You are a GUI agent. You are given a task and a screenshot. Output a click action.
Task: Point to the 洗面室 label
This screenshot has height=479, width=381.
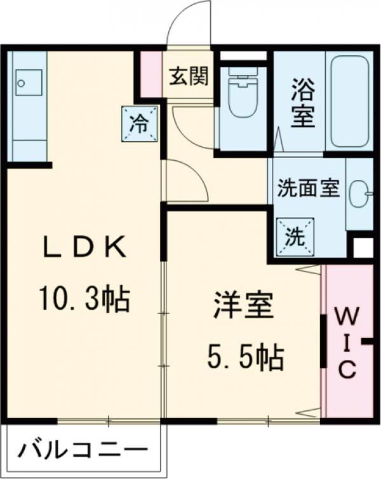pos(309,189)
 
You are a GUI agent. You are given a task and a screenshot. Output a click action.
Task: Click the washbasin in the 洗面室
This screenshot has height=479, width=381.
pos(359,193)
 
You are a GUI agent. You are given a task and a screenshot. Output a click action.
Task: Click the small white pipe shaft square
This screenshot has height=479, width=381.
pos(363,247)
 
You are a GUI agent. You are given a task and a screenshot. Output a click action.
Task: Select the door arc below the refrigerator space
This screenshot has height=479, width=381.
pos(185,181)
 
